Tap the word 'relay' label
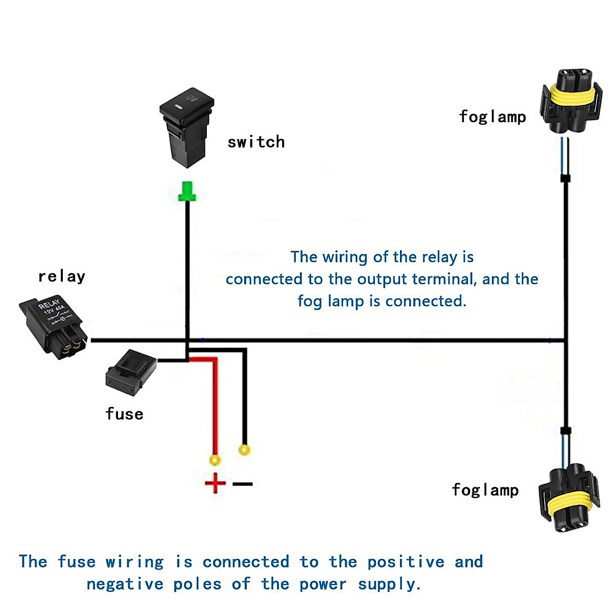(x=62, y=276)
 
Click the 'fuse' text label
(x=124, y=414)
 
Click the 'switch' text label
(x=256, y=142)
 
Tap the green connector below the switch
(x=187, y=192)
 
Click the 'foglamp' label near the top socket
(x=492, y=116)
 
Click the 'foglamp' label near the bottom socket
(x=485, y=490)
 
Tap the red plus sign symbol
(x=215, y=483)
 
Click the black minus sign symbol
(x=243, y=483)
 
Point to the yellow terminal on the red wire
(x=215, y=460)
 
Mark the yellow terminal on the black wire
(x=245, y=450)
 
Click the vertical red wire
(x=215, y=409)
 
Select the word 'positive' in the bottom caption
(x=406, y=562)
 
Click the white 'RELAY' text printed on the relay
(x=50, y=304)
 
